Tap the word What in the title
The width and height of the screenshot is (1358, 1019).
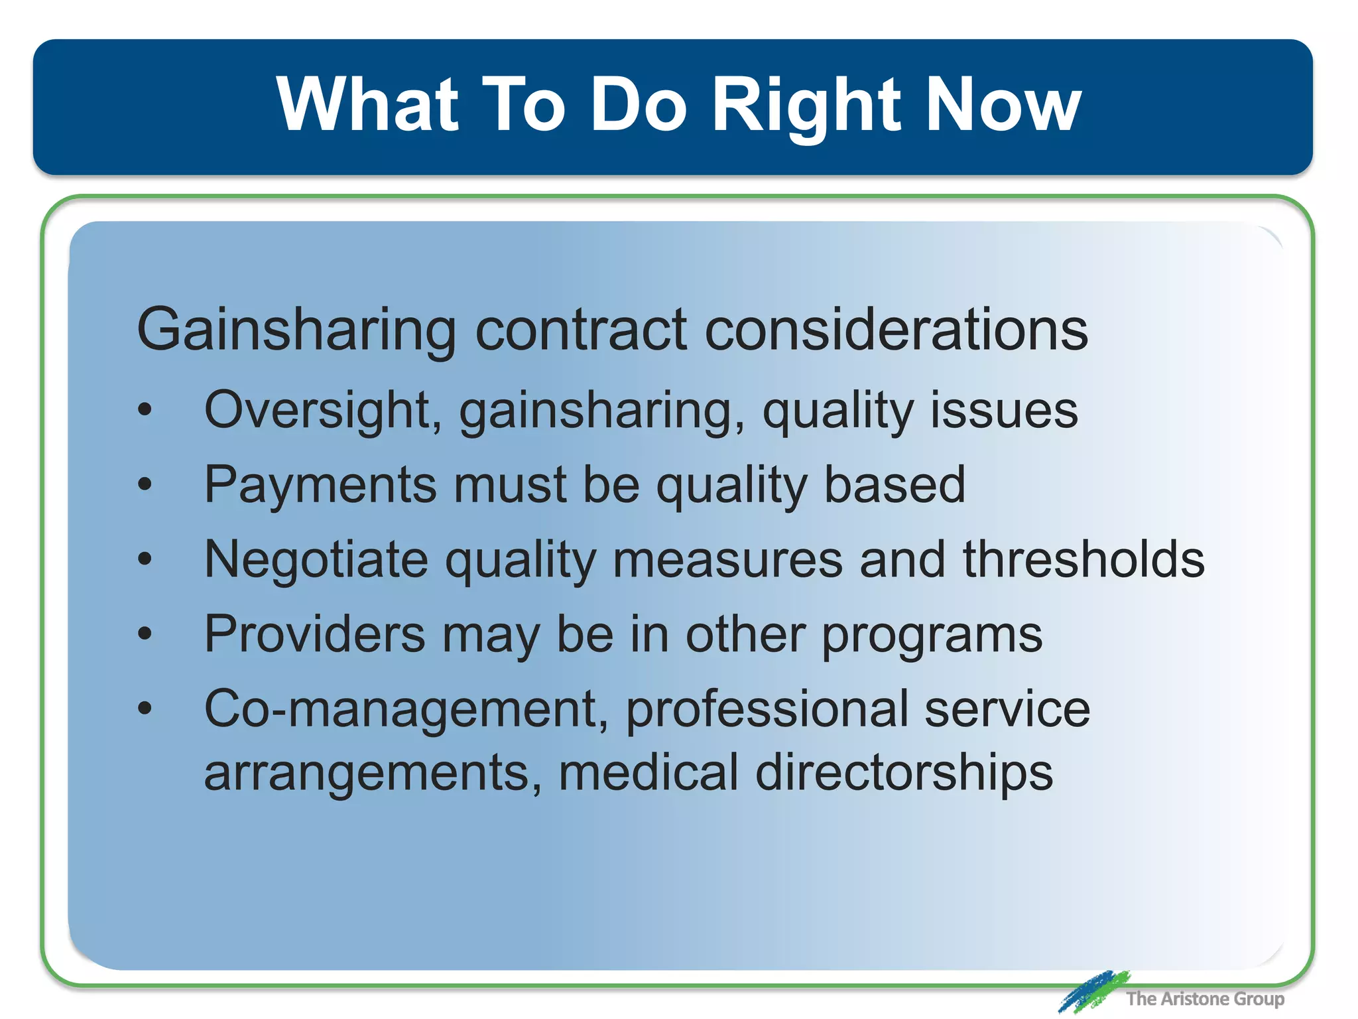pos(367,105)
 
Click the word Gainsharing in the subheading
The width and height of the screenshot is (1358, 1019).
pos(296,330)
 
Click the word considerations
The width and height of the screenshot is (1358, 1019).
pos(896,330)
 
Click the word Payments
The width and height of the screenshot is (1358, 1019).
pos(320,484)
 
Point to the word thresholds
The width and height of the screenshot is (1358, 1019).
pos(1083,559)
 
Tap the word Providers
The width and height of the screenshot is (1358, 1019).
pos(314,634)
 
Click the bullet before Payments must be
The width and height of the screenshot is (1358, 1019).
pos(145,485)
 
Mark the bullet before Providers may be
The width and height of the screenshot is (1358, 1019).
pos(145,634)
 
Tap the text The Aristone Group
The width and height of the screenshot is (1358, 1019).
pos(1205,998)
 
